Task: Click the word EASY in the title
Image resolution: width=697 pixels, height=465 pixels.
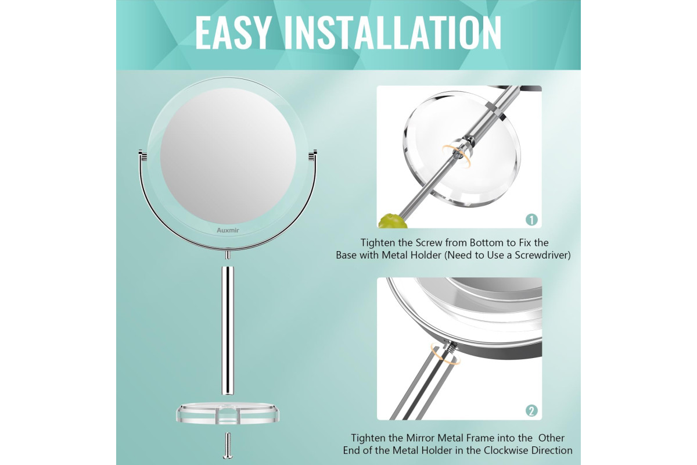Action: click(x=232, y=33)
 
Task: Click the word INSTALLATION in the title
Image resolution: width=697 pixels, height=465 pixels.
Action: click(x=393, y=33)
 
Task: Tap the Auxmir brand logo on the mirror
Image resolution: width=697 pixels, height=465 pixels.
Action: click(x=228, y=231)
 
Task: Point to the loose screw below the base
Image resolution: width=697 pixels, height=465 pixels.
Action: click(x=228, y=446)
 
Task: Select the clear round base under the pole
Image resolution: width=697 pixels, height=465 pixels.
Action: click(x=228, y=413)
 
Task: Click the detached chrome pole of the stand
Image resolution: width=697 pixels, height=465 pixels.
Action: click(x=228, y=331)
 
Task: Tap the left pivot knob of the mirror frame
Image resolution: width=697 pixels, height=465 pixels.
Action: click(x=143, y=155)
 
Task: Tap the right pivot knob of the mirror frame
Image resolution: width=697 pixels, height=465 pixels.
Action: click(x=312, y=155)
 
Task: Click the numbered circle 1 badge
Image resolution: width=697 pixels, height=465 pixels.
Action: click(x=531, y=220)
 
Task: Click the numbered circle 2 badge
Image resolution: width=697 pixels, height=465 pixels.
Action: click(x=531, y=411)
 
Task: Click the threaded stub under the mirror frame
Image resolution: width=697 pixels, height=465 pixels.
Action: click(x=228, y=255)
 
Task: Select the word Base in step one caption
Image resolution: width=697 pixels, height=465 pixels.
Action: click(x=346, y=255)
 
